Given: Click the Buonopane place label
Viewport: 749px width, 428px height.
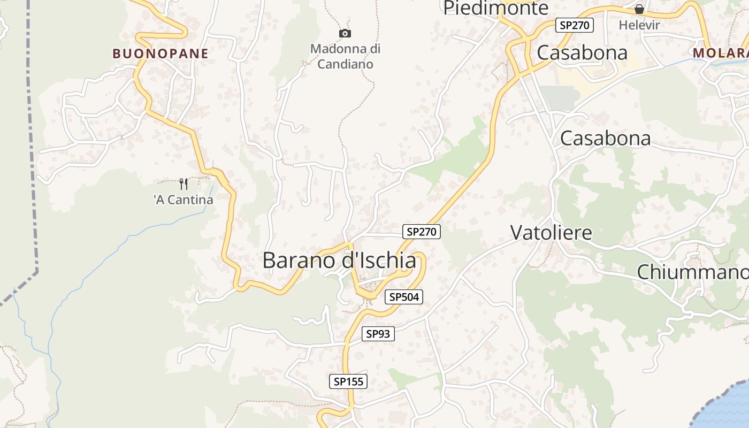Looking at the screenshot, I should point(160,53).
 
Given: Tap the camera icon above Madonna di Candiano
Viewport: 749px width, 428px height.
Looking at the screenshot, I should point(346,34).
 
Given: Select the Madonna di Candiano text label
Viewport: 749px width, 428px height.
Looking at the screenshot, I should point(346,57).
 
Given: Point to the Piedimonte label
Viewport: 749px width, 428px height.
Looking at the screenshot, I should point(496,8).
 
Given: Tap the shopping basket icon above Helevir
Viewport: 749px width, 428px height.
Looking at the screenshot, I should point(639,9).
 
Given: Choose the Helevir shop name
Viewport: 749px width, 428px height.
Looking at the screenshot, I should point(639,25).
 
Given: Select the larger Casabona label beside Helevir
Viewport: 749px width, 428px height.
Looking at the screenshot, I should point(582,52).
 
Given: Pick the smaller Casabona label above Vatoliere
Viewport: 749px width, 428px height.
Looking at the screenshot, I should point(605,138).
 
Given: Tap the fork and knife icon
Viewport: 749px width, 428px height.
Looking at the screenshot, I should point(184,184).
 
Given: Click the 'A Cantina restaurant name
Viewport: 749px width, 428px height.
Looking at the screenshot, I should point(184,200).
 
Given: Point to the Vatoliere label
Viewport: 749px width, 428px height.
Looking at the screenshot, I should point(551,233).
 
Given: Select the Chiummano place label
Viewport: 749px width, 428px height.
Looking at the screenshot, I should point(692,272).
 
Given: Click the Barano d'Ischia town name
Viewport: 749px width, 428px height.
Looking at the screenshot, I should point(339,261).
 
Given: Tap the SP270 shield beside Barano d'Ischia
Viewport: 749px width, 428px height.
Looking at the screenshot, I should point(422,232).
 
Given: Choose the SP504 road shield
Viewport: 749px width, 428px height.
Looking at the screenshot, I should point(404,297).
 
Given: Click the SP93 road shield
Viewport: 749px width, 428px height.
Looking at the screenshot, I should point(378,334).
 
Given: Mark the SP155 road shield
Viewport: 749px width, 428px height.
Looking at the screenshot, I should point(348,381).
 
